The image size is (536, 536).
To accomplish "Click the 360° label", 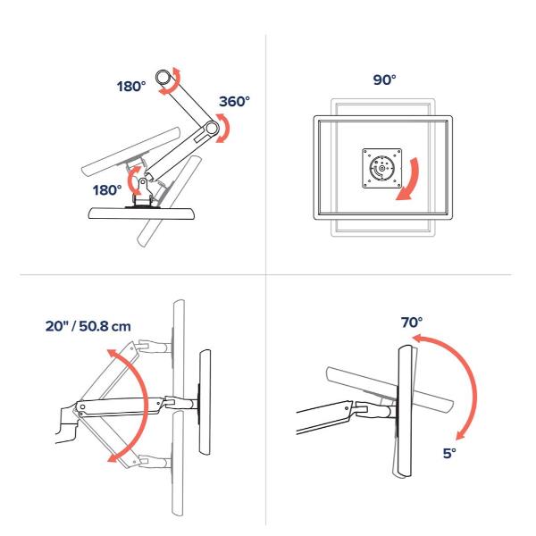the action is click(x=234, y=102).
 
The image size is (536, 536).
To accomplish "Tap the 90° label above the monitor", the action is click(x=384, y=80).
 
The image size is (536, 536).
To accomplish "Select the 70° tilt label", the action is click(x=412, y=322).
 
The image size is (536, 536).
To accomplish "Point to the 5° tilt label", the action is click(x=449, y=453).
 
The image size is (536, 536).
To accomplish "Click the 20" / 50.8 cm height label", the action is click(x=88, y=326).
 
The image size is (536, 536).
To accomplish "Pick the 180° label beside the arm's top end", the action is click(x=131, y=87).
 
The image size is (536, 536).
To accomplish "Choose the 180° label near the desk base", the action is click(x=107, y=190).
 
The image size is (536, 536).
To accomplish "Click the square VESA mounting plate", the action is click(x=381, y=168).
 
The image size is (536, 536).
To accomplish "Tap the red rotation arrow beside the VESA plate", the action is click(x=413, y=181).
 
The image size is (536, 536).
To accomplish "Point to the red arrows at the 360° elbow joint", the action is click(x=225, y=129).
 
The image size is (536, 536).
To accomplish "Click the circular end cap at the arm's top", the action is click(x=163, y=77).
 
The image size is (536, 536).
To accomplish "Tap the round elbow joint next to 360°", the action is click(x=211, y=129).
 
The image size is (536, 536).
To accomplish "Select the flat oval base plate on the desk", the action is click(x=141, y=214).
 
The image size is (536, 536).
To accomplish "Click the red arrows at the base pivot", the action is click(x=132, y=180).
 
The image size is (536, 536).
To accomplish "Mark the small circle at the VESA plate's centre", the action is click(x=381, y=168).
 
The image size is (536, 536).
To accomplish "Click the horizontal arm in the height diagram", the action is click(x=120, y=406).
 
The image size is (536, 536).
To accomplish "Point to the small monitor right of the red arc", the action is click(x=205, y=402).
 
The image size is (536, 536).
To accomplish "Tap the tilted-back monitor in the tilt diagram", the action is click(x=389, y=389).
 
